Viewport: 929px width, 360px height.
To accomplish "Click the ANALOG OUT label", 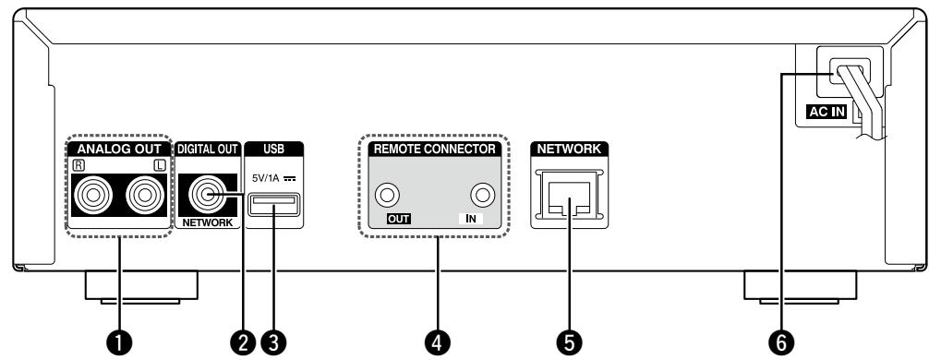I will click(x=118, y=148).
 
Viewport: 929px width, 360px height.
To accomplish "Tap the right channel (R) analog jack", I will click(x=91, y=196).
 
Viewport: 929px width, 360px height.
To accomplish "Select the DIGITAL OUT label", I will click(x=207, y=148).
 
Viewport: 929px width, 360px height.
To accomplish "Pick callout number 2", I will click(x=244, y=342).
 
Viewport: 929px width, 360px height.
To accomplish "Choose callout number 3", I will click(x=272, y=342).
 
